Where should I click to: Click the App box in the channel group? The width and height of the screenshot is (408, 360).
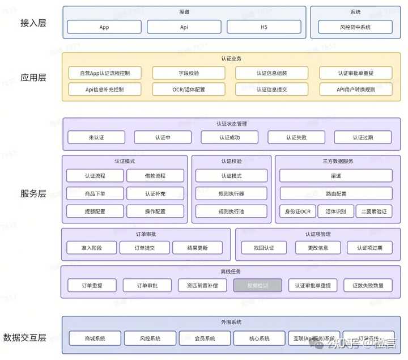coord(104,27)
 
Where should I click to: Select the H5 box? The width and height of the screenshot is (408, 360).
coord(263,27)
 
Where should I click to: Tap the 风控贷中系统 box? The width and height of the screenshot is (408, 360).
coord(355,27)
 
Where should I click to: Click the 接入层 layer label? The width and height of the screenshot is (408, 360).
coord(33,23)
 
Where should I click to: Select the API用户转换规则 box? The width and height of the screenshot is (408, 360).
coord(355,89)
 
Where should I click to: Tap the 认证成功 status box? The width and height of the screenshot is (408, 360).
coord(229,137)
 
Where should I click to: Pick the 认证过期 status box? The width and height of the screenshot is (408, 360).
coord(363,137)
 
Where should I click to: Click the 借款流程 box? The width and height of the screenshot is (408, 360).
coord(155,176)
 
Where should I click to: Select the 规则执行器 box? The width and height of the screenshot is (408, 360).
coord(231,193)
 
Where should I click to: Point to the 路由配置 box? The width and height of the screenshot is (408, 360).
coord(335,193)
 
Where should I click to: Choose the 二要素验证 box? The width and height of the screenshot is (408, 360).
coord(374,211)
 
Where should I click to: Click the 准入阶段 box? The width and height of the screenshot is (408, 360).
coord(91,248)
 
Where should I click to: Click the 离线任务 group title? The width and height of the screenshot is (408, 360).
coord(231,272)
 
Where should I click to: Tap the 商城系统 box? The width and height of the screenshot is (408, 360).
coord(95,338)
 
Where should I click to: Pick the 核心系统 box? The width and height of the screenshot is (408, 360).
coord(259,338)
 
